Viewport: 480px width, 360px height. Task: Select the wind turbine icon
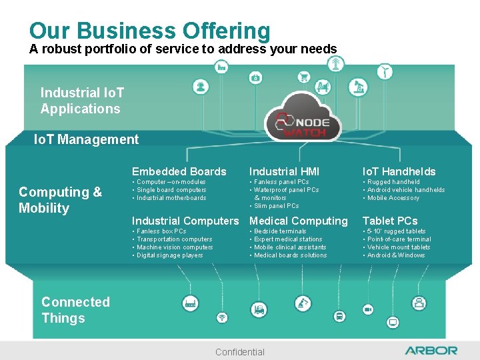385,71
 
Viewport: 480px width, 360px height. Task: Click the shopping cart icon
304,77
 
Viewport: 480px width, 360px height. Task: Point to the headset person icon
200,87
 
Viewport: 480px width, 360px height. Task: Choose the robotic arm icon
304,303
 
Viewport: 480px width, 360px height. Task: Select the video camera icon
367,310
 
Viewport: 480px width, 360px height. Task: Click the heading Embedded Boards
179,171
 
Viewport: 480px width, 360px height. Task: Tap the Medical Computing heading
299,221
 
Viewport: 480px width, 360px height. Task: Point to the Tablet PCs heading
390,221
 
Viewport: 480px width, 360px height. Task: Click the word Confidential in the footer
240,352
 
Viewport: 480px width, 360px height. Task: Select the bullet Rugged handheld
393,182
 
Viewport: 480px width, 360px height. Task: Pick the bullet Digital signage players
169,255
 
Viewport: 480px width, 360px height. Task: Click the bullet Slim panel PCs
276,206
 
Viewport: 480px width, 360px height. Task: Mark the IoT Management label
86,139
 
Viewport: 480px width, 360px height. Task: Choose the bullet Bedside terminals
280,231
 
